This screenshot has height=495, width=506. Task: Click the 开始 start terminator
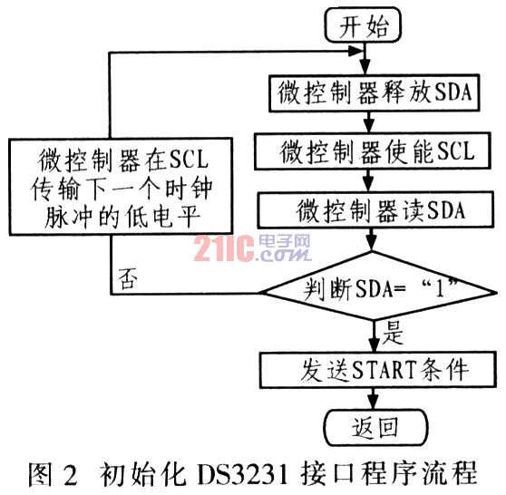pos(363,25)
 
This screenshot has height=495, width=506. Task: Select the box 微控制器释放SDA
pos(374,93)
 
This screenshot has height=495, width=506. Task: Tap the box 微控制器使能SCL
pos(373,151)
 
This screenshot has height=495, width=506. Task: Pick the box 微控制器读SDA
pos(375,210)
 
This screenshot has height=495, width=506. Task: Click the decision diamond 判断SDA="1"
pos(379,286)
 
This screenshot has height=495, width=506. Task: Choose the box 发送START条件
pos(378,370)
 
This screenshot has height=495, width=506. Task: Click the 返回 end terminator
pos(375,428)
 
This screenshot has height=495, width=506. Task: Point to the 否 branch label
pos(128,278)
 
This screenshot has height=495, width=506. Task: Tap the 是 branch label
pos(393,334)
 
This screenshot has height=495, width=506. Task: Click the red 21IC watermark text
pos(224,248)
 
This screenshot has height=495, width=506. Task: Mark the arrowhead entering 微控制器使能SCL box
pos(369,126)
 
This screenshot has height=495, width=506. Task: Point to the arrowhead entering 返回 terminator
pos(374,403)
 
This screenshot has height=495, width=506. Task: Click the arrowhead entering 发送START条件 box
pos(374,345)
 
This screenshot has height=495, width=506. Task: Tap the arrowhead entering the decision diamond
pos(372,245)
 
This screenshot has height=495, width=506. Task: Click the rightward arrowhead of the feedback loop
pos(357,52)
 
